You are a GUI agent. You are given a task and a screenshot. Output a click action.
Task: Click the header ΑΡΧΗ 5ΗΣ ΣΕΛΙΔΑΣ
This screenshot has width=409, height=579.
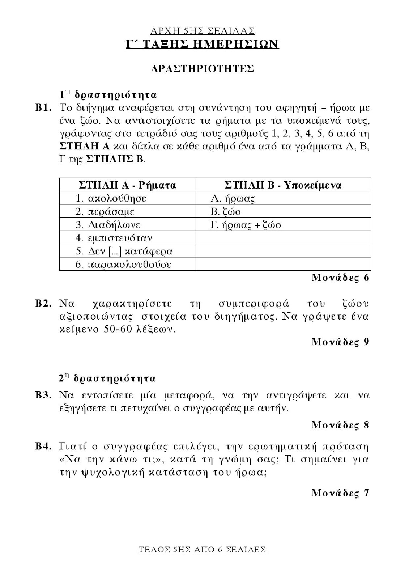(203, 30)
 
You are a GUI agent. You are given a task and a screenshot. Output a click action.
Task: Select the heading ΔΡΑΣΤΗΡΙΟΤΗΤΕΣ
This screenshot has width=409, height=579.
(203, 69)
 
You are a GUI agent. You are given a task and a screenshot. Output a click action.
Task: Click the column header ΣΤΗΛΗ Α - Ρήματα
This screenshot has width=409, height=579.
(127, 185)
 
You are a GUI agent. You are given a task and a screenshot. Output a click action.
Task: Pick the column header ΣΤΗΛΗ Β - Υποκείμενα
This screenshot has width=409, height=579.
(283, 185)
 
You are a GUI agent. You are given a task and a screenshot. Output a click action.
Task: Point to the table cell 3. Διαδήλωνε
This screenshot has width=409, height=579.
(108, 225)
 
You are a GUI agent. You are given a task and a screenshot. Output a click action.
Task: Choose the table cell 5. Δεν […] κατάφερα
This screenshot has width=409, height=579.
(124, 251)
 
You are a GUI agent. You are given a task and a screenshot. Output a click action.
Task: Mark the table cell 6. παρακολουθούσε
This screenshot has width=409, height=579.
(123, 265)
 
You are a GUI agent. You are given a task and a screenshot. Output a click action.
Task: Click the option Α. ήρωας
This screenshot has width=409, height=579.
(233, 198)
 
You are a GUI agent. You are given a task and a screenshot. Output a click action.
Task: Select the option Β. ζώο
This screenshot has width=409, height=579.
(226, 212)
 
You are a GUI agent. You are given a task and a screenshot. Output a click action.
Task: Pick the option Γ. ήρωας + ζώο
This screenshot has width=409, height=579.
(246, 225)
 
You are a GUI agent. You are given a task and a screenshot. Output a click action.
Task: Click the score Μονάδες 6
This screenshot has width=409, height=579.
(340, 278)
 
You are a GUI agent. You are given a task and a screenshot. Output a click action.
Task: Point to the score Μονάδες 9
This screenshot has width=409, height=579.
(340, 342)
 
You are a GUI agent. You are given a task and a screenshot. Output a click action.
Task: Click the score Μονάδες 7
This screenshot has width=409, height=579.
(340, 493)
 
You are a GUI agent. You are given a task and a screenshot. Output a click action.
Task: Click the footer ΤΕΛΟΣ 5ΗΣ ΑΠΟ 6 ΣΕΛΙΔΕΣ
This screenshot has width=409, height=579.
(203, 550)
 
